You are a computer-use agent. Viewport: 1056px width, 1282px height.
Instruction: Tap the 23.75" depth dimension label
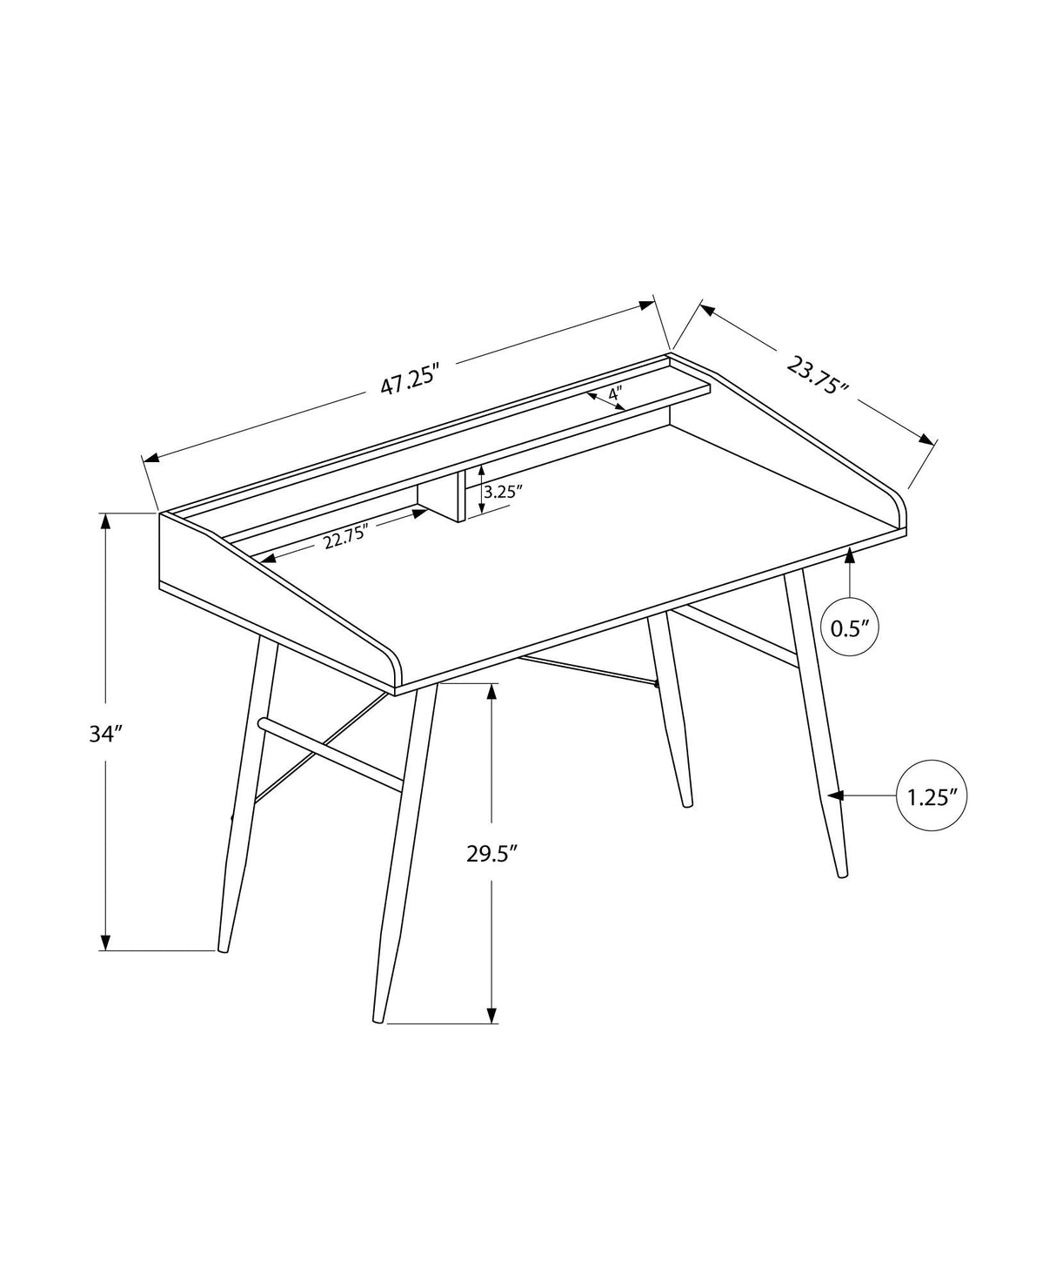pos(818,375)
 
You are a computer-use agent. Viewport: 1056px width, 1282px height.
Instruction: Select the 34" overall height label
pos(103,735)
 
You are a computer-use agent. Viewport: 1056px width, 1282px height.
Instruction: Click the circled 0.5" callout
pos(850,627)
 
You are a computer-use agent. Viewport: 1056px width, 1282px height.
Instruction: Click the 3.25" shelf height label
pos(502,492)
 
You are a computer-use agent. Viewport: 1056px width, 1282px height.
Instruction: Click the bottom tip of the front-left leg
pos(224,950)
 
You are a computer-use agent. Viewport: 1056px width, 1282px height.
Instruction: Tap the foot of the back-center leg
pos(687,803)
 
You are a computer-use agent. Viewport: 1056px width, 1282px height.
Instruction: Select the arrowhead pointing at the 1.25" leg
pos(836,795)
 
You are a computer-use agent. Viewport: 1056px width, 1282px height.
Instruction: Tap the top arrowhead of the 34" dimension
pos(106,520)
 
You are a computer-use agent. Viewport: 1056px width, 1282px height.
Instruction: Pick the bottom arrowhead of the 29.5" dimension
pos(492,1015)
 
